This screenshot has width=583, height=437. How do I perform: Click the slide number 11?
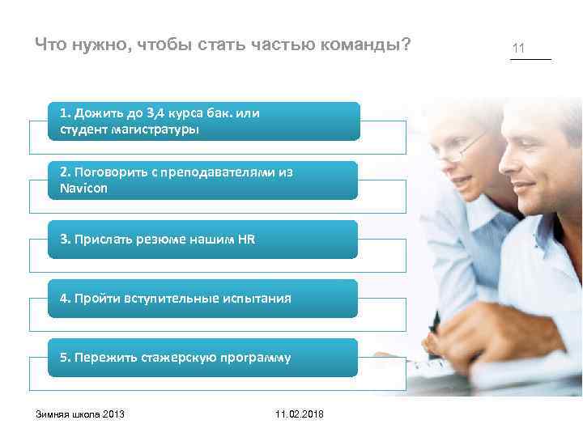tap(518, 49)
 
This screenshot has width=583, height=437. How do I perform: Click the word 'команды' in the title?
tap(360, 44)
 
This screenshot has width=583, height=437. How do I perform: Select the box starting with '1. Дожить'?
tap(202, 121)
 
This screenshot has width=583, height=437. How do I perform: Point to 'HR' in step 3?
tap(246, 240)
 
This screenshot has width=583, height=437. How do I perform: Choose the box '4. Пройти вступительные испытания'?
tap(202, 299)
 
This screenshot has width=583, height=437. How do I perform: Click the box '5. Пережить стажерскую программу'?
tap(202, 358)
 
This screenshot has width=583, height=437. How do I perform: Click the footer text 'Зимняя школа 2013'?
tap(80, 414)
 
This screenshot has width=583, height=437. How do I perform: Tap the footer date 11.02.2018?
tap(299, 414)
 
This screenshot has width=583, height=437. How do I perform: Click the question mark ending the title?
tap(406, 44)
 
